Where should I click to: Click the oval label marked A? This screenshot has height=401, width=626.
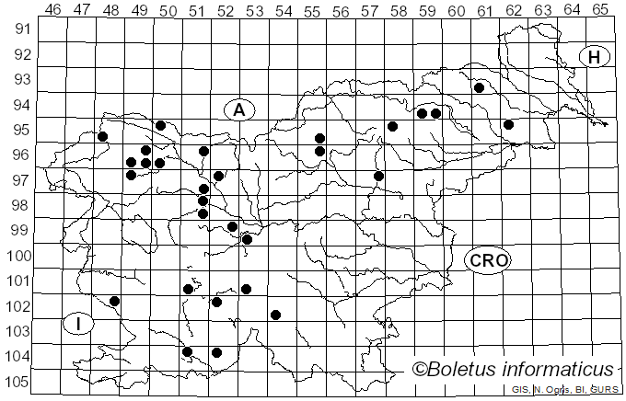pos(238,110)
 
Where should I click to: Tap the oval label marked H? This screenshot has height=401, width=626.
pos(595,57)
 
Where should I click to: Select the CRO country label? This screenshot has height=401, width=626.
pos(487,260)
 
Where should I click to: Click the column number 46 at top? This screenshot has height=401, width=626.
pos(52,9)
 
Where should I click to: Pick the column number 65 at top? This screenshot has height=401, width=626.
pos(600,9)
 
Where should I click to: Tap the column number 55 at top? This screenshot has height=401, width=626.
pos(311,9)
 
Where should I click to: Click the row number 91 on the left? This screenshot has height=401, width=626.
pos(20,29)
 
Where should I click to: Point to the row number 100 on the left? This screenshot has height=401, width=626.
pos(17,256)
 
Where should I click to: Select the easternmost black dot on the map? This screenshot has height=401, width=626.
pos(508,124)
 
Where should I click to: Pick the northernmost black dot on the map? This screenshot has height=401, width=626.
pos(479,87)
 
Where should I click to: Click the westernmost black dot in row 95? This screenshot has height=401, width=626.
pos(103,136)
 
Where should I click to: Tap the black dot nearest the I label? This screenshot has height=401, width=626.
pos(114,301)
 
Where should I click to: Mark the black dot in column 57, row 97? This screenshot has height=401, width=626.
pos(378,176)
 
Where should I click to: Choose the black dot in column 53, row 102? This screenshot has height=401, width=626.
pos(275,315)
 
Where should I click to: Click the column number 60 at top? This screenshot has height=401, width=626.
pos(456,9)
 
